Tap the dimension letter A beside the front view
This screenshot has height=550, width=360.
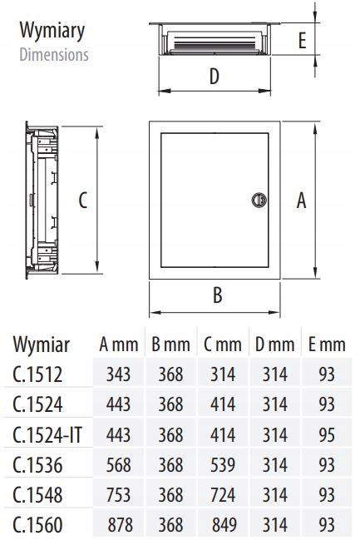[x=302, y=199]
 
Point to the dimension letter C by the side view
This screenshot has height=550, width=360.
[x=83, y=201]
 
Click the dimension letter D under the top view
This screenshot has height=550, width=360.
[x=214, y=77]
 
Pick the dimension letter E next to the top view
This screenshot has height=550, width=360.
[x=302, y=39]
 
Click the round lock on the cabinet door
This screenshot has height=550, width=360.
[x=258, y=199]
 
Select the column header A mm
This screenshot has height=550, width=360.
[x=118, y=344]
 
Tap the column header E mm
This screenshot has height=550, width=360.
[x=326, y=344]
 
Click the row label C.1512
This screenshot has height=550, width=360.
[x=37, y=374]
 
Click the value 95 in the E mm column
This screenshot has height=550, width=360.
[x=326, y=434]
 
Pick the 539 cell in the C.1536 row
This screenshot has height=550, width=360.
[x=221, y=464]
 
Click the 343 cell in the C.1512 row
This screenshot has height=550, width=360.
[x=118, y=374]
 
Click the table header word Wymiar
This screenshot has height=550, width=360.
[x=42, y=344]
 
